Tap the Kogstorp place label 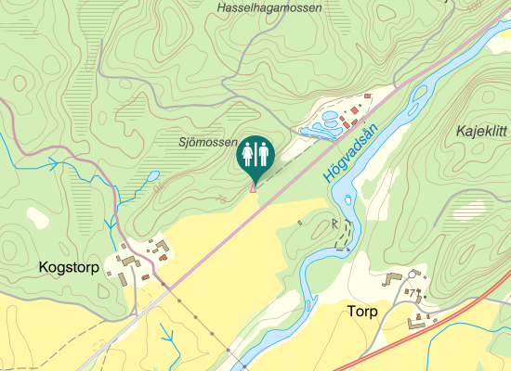[x=69, y=267]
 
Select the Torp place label [x=362, y=312]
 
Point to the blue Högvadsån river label [x=354, y=152]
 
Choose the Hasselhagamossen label [x=269, y=8]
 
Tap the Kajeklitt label [x=481, y=132]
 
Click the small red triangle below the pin [x=253, y=189]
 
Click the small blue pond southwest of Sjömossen [x=151, y=174]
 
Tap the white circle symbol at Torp [x=412, y=275]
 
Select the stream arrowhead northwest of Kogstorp [x=53, y=163]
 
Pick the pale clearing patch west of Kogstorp [x=37, y=217]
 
